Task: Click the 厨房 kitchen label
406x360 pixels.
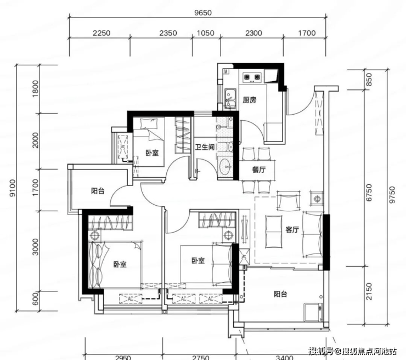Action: (249, 100)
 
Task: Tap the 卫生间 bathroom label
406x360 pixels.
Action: (205, 147)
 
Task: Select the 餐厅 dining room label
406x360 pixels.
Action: (259, 170)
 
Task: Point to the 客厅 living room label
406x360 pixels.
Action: (292, 229)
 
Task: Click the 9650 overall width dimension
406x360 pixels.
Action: (203, 13)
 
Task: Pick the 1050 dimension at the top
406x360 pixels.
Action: (206, 33)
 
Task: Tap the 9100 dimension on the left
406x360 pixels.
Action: (13, 188)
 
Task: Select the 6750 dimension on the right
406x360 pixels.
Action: (369, 193)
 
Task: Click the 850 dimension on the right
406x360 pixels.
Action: (369, 80)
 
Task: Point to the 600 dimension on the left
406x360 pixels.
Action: (35, 298)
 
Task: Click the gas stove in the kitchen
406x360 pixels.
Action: (252, 77)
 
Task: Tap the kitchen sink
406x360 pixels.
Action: (230, 98)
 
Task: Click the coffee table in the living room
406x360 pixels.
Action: (274, 232)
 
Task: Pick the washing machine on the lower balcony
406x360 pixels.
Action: (313, 312)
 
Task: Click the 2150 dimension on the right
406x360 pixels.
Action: (369, 291)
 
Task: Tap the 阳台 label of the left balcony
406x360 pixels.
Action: (98, 191)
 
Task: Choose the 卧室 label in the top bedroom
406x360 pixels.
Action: (152, 153)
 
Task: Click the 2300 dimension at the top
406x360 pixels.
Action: (253, 33)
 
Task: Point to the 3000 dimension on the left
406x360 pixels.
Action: (35, 247)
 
